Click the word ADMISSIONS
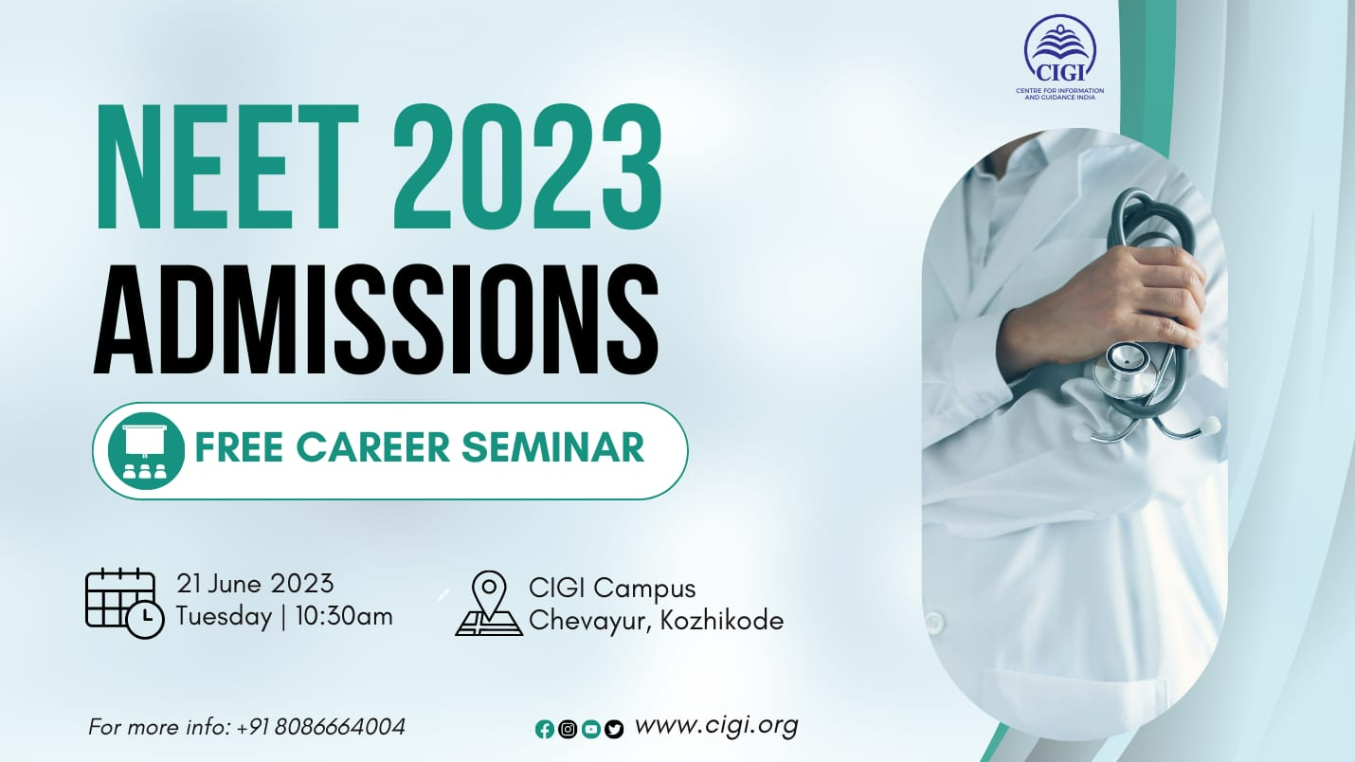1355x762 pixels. tap(375, 319)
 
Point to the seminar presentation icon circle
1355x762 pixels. tap(146, 451)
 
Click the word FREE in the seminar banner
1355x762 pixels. tap(239, 447)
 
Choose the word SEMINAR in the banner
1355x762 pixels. tap(552, 447)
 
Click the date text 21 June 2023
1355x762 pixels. tap(255, 584)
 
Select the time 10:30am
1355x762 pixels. tap(344, 617)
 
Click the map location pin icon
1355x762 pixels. tap(489, 604)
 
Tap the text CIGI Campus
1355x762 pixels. tap(612, 589)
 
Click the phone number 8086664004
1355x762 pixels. tap(340, 727)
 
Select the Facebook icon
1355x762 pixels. tap(545, 730)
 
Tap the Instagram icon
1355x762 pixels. tap(568, 730)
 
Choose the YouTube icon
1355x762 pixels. tap(591, 730)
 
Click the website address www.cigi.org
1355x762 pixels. tap(716, 726)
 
